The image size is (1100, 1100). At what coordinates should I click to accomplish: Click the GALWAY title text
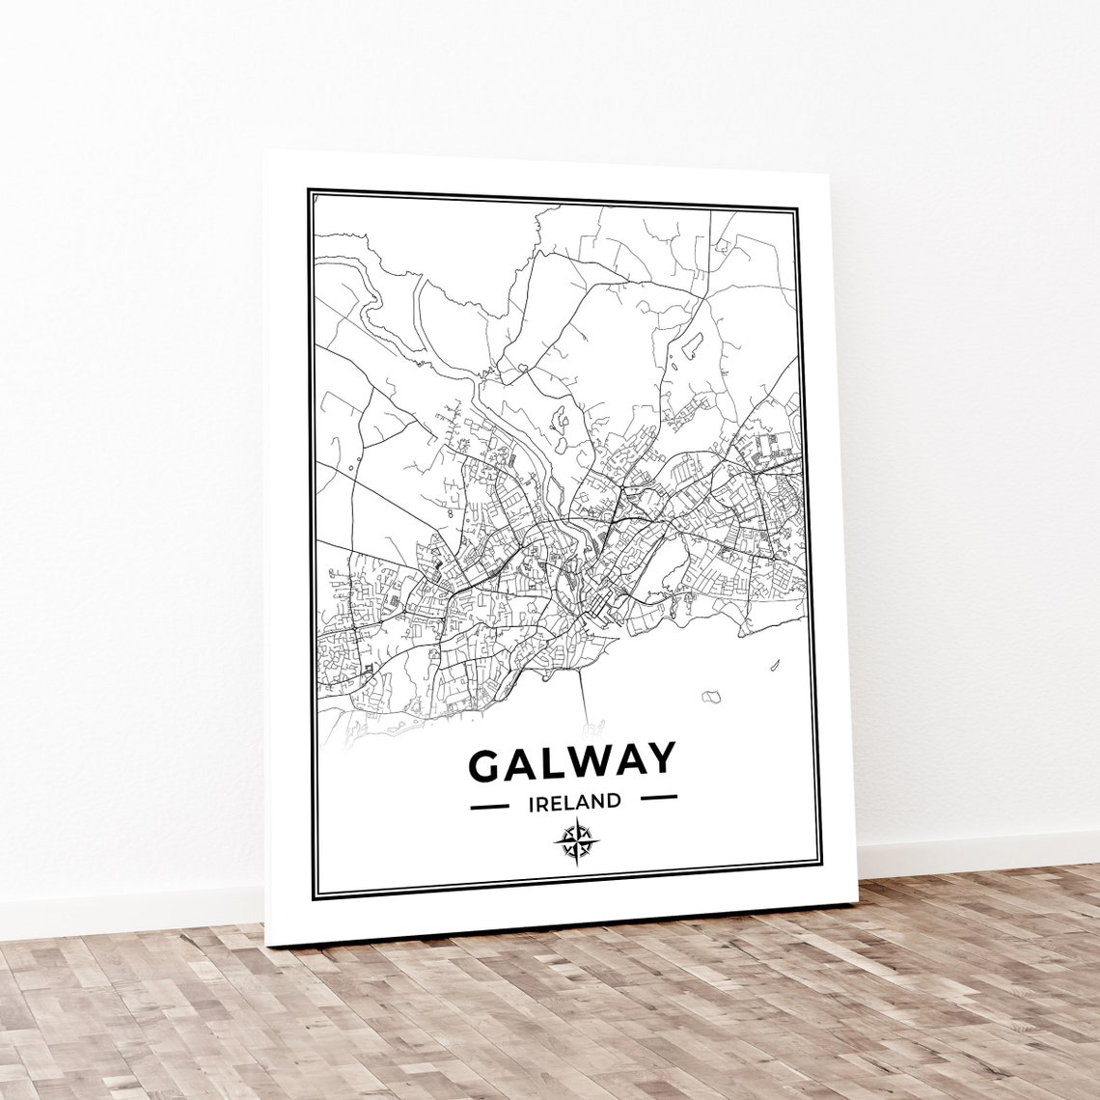571,762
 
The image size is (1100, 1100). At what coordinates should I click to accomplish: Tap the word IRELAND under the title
573,801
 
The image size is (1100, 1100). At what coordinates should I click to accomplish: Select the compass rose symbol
575,840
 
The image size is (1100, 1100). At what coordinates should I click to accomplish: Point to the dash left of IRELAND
488,803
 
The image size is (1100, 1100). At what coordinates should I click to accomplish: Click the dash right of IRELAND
659,798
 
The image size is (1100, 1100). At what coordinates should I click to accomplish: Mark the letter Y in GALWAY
659,758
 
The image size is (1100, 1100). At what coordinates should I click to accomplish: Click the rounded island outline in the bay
712,696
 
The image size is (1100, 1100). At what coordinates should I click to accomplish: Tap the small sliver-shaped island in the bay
774,664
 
